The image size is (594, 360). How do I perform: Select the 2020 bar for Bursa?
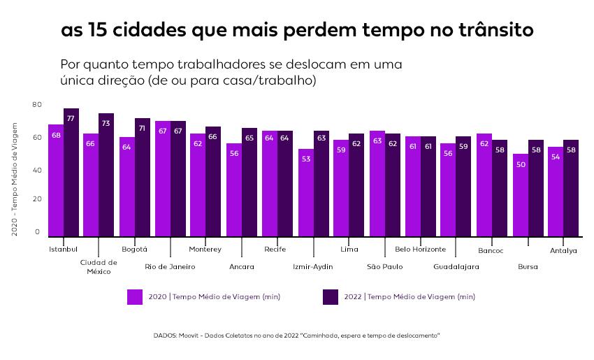coord(521,195)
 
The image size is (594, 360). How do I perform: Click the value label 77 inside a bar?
coord(71,119)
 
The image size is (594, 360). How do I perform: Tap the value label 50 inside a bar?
coord(521,164)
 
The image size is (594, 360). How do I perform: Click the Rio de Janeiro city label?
coord(170,266)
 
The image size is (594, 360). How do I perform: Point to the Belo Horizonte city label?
coord(420,249)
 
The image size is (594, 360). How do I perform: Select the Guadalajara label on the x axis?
coord(456,266)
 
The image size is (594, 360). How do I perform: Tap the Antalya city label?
coord(563,250)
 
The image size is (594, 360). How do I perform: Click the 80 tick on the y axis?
coord(37,104)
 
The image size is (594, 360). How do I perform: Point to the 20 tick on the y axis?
coord(37,199)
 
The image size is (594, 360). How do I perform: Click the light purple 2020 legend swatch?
coord(135,296)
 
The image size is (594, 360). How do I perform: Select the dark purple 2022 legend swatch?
coord(331,296)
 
